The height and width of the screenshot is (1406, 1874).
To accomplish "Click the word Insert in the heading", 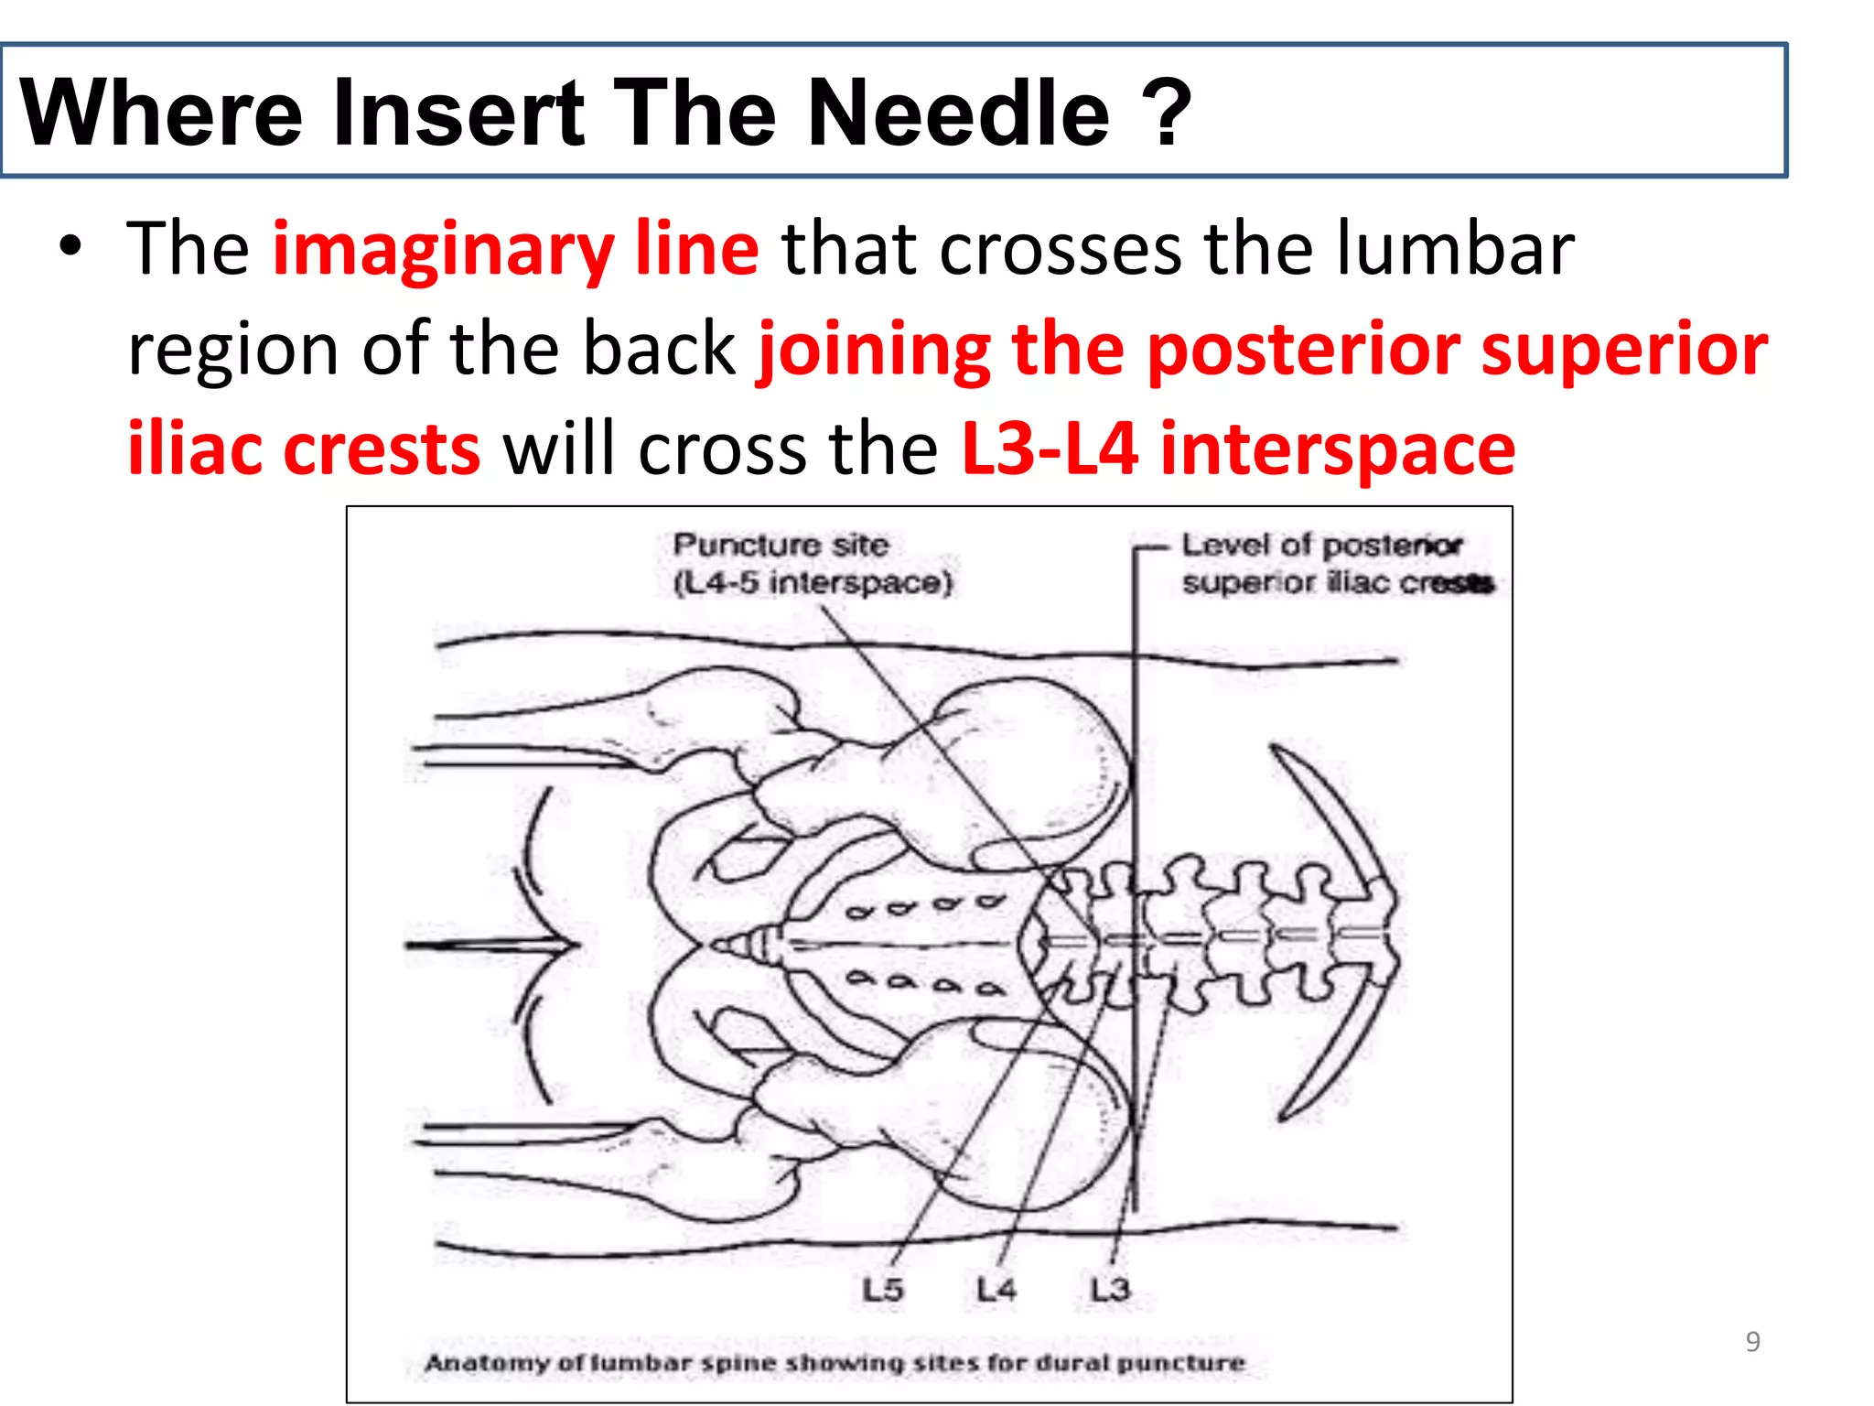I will point(458,113).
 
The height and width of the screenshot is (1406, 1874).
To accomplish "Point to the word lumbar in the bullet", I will point(1454,249).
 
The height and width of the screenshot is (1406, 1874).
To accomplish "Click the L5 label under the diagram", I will point(883,1290).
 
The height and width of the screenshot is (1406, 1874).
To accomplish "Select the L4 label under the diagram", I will point(996,1290).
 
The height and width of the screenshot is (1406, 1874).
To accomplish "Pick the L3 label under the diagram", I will point(1110,1290).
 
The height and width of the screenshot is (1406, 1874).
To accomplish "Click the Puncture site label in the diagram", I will point(781,545).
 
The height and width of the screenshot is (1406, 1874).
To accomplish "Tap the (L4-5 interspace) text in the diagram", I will point(813,582).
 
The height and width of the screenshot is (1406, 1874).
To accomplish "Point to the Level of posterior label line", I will point(1321,545).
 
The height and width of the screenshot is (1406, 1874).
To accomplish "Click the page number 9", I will point(1752,1341).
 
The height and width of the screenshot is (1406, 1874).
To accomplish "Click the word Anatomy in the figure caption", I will point(487,1363).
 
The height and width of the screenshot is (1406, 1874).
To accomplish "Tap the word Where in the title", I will point(161,113).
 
